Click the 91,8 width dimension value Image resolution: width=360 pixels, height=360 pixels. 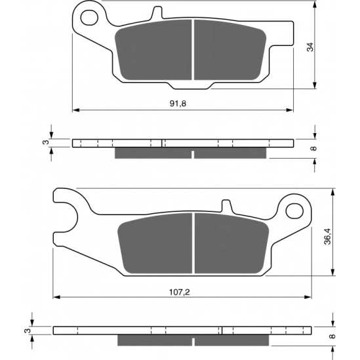pyautogui.click(x=178, y=104)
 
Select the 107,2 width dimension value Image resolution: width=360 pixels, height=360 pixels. pyautogui.click(x=180, y=292)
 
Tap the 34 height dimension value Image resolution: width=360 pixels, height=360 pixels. pyautogui.click(x=310, y=47)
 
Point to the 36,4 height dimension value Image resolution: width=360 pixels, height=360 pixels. pyautogui.click(x=328, y=236)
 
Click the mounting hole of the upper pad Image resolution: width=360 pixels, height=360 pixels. pyautogui.click(x=89, y=18)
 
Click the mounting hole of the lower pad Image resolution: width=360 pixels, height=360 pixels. pyautogui.click(x=294, y=210)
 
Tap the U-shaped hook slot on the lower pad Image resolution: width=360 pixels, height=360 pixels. pyautogui.click(x=67, y=218)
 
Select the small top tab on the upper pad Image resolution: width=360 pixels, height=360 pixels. pyautogui.click(x=157, y=12)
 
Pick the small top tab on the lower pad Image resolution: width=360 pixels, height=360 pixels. pyautogui.click(x=226, y=205)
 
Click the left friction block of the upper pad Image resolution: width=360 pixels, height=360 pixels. pyautogui.click(x=153, y=50)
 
